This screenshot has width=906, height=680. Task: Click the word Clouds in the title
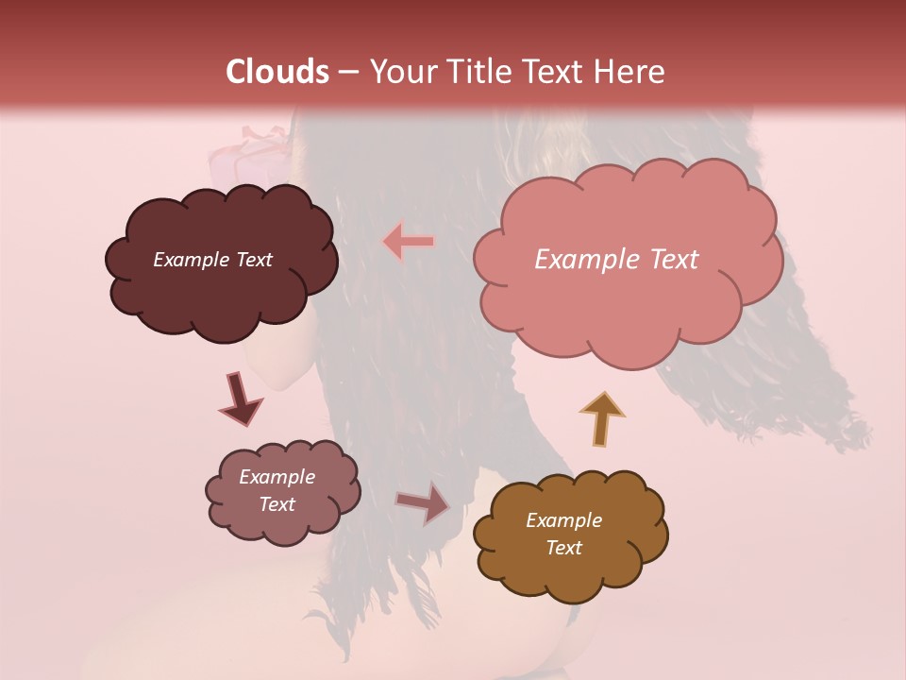coord(278,72)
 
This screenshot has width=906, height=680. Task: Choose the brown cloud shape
coord(570,576)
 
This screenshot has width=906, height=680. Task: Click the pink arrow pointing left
coord(409,242)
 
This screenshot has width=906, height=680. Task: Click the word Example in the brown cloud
coord(563,520)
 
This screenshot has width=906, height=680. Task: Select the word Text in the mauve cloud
coord(277,504)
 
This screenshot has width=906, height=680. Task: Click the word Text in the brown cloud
coord(563,548)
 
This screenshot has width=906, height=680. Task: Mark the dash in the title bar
coord(348,72)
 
